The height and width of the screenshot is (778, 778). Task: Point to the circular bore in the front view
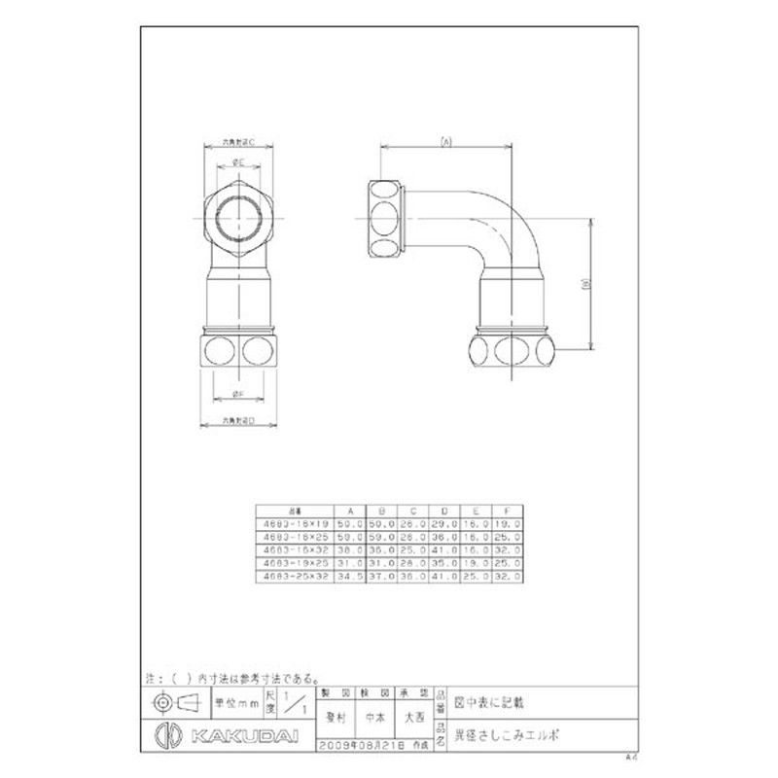tap(237, 218)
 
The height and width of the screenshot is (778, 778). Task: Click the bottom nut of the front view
tap(237, 350)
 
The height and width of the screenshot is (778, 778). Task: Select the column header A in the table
tap(349, 511)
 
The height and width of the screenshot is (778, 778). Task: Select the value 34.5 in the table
tap(349, 576)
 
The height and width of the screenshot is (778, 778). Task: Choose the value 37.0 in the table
tap(381, 576)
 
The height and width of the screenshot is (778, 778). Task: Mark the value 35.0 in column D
tap(445, 562)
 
